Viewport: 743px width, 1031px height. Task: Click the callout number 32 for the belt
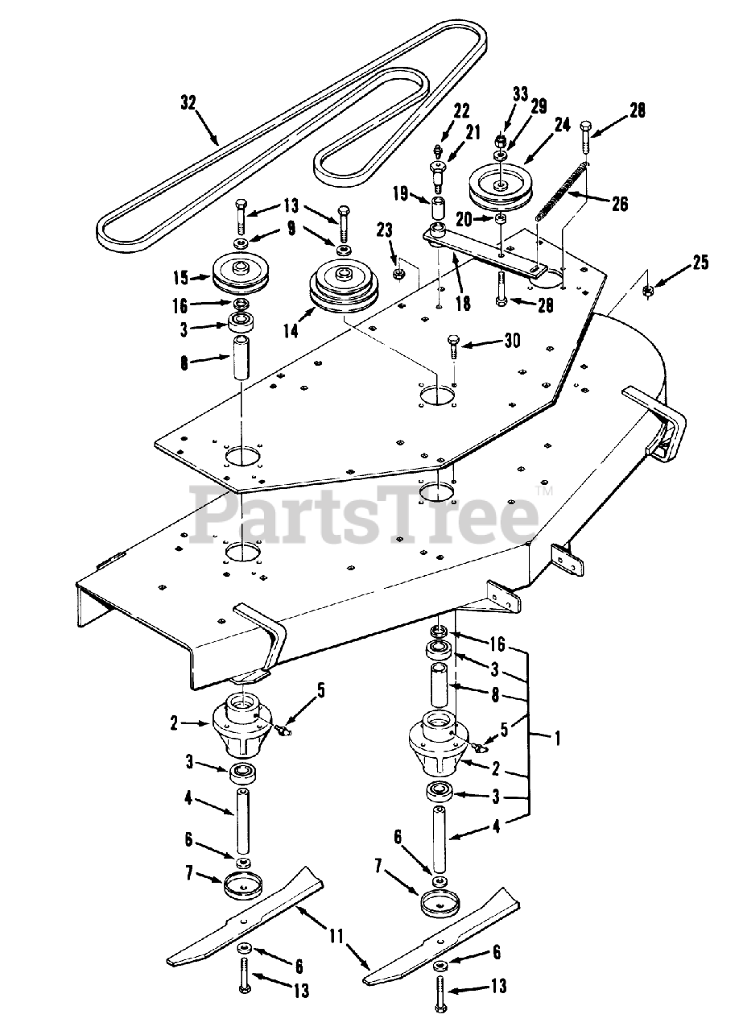[188, 102]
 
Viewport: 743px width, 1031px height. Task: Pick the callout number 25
[700, 263]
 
